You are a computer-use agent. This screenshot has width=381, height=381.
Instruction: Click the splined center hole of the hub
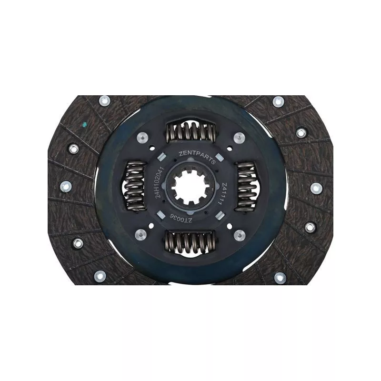[190, 186]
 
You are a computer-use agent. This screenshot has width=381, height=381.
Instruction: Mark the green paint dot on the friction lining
[84, 125]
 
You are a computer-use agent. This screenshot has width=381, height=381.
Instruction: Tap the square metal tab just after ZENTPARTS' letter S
[219, 158]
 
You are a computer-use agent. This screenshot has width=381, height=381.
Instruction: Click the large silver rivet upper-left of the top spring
[140, 137]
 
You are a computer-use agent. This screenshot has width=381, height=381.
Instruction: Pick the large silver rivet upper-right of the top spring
[240, 138]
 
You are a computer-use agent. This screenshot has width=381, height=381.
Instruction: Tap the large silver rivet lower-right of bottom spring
[240, 234]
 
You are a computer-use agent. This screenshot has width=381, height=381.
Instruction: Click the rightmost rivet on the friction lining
[316, 188]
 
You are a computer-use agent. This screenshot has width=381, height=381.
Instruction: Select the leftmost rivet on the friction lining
[66, 186]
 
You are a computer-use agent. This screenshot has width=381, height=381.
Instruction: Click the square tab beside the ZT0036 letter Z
[218, 216]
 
